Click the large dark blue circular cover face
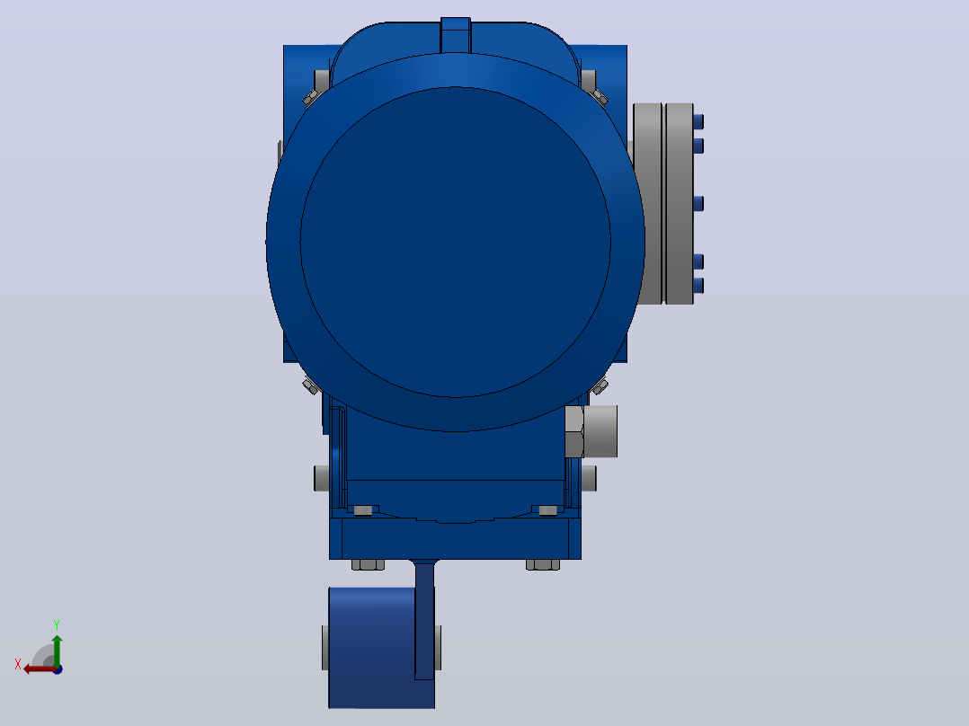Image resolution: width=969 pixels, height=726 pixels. [x=456, y=242]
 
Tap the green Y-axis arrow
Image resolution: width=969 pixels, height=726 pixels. [x=57, y=651]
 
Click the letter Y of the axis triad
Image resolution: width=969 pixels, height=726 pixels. [x=57, y=624]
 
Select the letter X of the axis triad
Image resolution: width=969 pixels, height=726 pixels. [x=18, y=664]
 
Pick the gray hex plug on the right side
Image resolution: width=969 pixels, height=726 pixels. [x=591, y=431]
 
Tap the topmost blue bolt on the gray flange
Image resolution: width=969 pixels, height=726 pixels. [x=698, y=121]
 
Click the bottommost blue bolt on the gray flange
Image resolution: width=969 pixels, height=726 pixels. [x=698, y=286]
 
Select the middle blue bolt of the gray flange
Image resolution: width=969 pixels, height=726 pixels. [x=698, y=203]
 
